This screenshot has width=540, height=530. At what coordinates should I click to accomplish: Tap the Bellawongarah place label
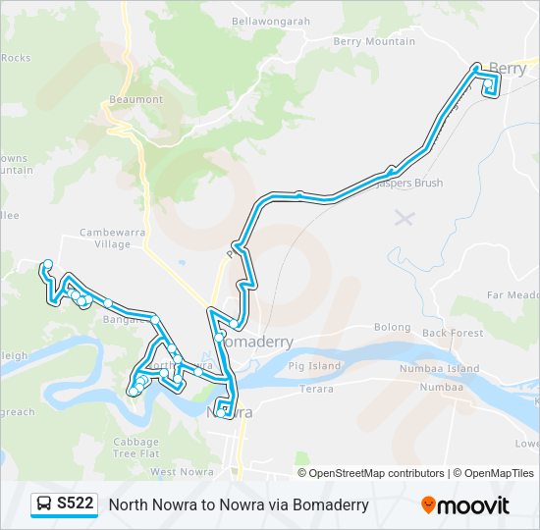click(272, 20)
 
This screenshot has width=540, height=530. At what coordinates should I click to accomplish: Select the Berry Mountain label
click(374, 41)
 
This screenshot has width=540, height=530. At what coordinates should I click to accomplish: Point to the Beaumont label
click(136, 100)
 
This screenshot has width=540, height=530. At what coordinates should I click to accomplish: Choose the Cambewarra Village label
click(105, 238)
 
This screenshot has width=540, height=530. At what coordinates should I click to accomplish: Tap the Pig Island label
click(314, 366)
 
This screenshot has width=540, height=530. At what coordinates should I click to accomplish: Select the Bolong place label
click(392, 327)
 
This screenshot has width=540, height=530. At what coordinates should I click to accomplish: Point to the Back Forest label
click(453, 333)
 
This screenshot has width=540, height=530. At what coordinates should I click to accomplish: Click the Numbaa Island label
click(439, 369)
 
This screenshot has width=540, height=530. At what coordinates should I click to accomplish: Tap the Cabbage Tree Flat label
click(135, 448)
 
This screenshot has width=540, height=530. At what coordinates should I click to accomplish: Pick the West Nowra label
click(183, 472)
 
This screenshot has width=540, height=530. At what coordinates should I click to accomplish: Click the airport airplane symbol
click(404, 216)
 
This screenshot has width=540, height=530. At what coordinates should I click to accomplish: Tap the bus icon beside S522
click(44, 504)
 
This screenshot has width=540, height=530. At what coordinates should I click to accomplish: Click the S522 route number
click(76, 504)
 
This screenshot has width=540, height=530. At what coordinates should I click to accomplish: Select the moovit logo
click(465, 504)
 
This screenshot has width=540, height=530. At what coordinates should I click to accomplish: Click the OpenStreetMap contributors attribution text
click(377, 473)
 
